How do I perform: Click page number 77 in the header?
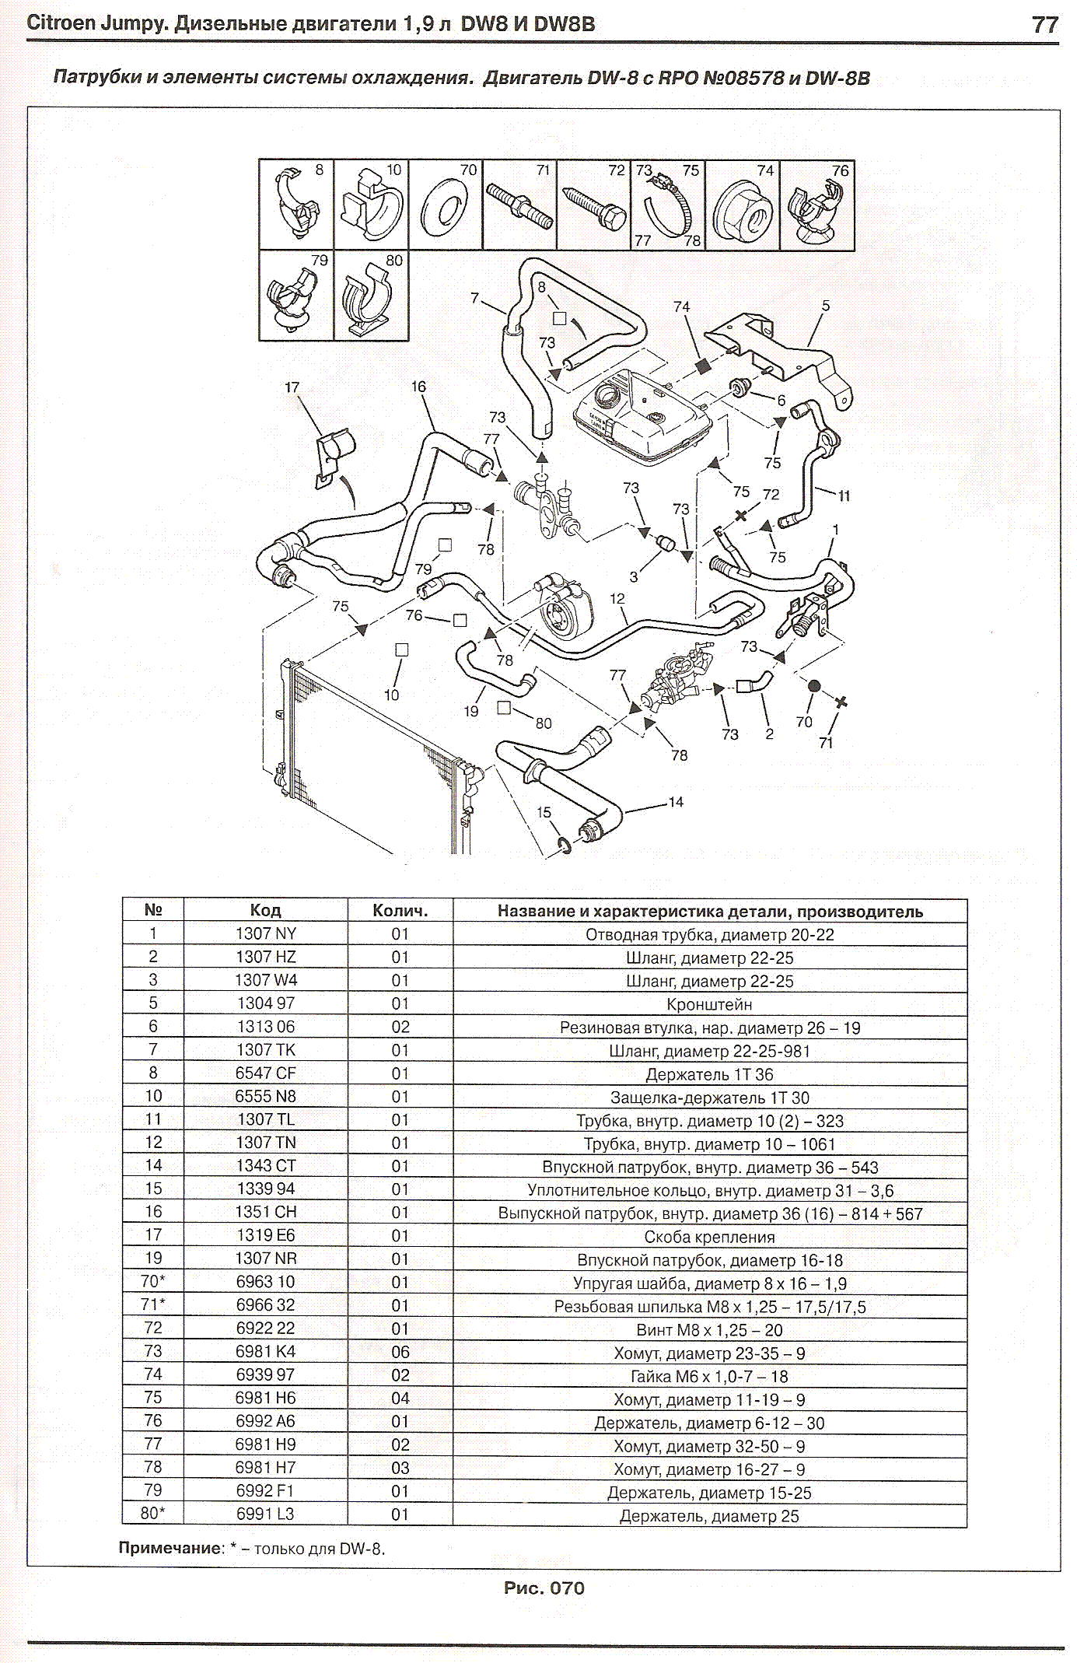[1044, 25]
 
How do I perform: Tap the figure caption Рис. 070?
[544, 1588]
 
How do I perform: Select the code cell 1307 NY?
[265, 933]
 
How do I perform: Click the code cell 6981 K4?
[265, 1351]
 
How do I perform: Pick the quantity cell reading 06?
[400, 1352]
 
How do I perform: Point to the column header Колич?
[400, 911]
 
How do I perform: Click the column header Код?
[265, 911]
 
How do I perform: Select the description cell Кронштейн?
[709, 1003]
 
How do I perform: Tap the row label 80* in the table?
[152, 1514]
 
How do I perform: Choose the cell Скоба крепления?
[709, 1236]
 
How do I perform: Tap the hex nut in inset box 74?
[742, 208]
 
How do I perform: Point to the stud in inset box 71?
[519, 205]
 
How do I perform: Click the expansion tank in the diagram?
[642, 416]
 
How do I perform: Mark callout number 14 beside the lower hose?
[676, 802]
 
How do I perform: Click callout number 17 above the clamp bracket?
[292, 387]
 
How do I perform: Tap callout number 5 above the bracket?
[826, 306]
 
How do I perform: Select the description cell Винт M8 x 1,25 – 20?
[709, 1329]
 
